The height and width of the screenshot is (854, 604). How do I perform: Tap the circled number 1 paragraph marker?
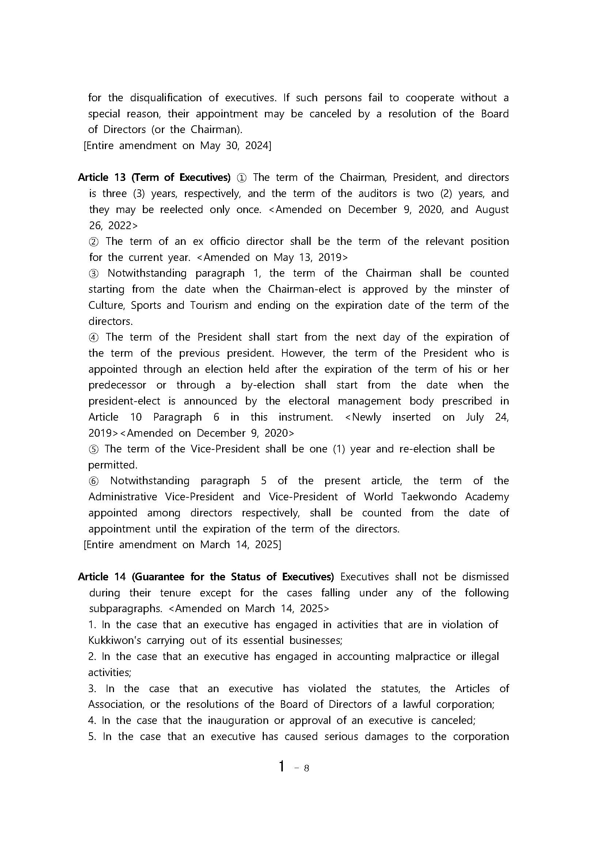241,178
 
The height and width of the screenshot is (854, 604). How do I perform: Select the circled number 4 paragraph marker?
94,337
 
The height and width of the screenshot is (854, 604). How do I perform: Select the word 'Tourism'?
209,305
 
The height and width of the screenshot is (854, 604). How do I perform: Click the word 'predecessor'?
117,385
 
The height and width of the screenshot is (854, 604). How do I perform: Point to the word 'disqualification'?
165,98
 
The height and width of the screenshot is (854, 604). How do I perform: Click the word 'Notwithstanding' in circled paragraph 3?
147,273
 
